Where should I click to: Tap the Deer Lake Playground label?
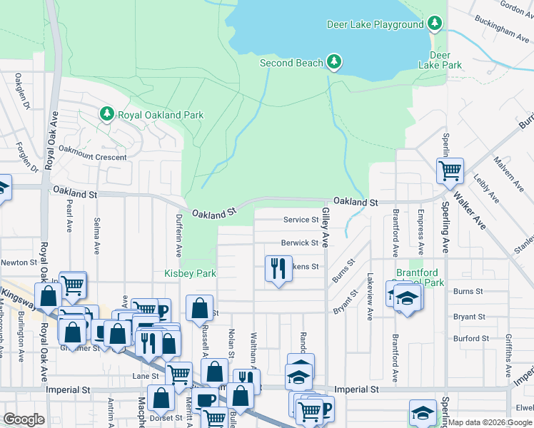[375, 24]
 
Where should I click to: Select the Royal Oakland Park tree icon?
[107, 114]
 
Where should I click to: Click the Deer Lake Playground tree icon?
[435, 24]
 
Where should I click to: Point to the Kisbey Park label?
[190, 273]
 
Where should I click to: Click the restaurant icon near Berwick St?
[277, 268]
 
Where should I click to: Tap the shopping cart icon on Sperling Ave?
[450, 170]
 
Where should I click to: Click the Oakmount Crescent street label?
[92, 157]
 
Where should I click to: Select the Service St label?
[300, 220]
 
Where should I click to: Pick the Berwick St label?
[299, 243]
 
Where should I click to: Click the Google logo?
[24, 419]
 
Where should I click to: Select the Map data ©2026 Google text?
[490, 422]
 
